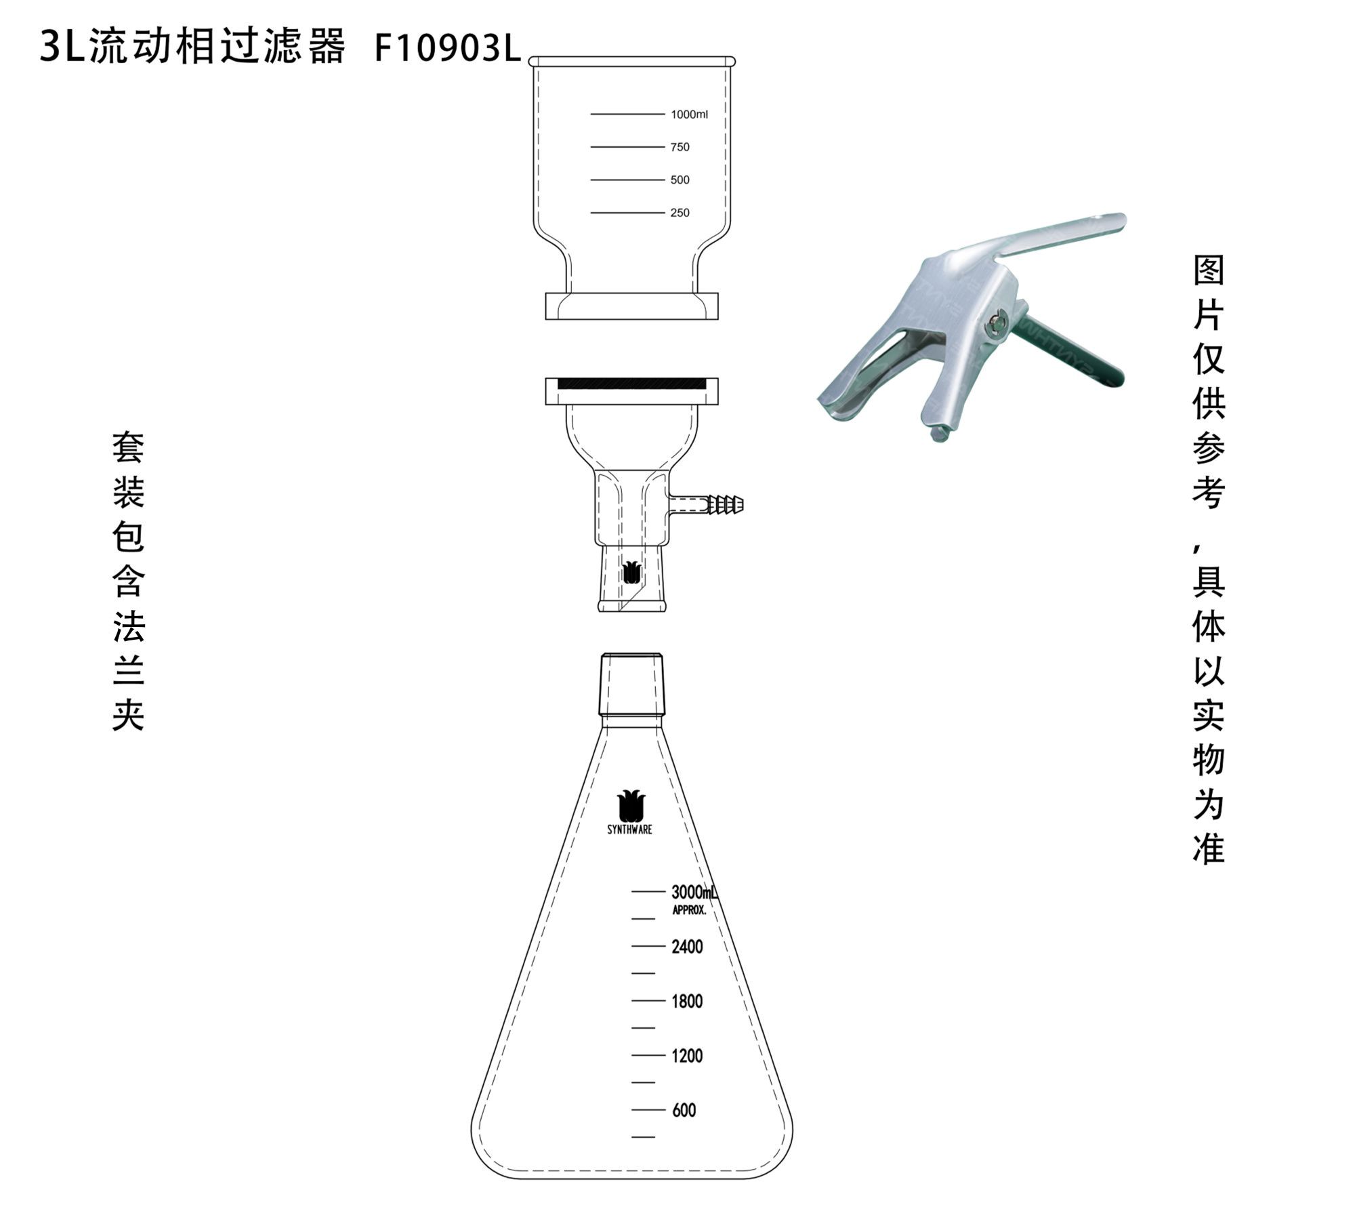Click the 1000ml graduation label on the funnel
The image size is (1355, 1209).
pyautogui.click(x=689, y=115)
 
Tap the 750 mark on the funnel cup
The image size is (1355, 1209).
pyautogui.click(x=680, y=147)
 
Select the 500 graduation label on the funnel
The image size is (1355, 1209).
pyautogui.click(x=680, y=180)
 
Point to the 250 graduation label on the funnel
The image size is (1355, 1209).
pyautogui.click(x=680, y=213)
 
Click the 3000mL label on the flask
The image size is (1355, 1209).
pyautogui.click(x=694, y=892)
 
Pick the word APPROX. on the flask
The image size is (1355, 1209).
pyautogui.click(x=689, y=910)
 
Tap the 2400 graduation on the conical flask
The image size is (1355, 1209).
pyautogui.click(x=687, y=947)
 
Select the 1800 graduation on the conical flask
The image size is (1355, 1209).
pyautogui.click(x=687, y=1002)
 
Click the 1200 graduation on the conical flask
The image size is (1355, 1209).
pyautogui.click(x=687, y=1056)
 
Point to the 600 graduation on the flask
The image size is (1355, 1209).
pyautogui.click(x=684, y=1110)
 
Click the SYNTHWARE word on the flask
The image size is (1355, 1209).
pyautogui.click(x=629, y=829)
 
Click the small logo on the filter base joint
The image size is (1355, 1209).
pyautogui.click(x=631, y=573)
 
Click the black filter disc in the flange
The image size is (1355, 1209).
pyautogui.click(x=631, y=384)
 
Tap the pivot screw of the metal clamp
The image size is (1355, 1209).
pyautogui.click(x=995, y=324)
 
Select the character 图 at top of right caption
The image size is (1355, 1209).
pyautogui.click(x=1209, y=270)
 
